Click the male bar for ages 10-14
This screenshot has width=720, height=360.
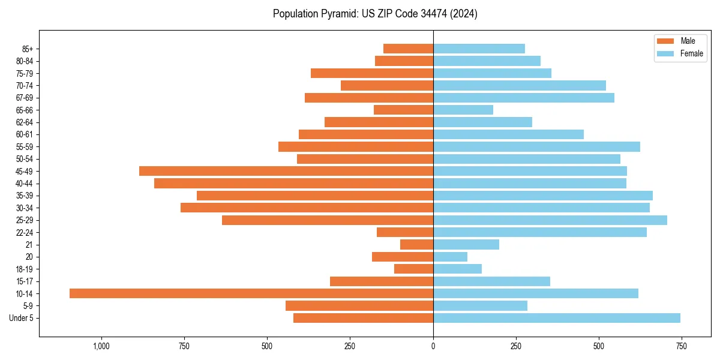coord(251,293)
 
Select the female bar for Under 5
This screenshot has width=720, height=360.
coord(557,318)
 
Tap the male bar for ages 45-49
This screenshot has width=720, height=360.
coord(286,171)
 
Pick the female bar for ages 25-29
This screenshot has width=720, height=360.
coord(550,220)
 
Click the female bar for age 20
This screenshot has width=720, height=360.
coord(450,257)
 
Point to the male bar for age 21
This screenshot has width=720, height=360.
coord(416,245)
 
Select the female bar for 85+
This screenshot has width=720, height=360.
coord(479,49)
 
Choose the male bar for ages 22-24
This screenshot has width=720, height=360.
coord(405,232)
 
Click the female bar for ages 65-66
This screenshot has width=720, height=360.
coord(463,110)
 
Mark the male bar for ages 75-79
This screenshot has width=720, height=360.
coord(372,73)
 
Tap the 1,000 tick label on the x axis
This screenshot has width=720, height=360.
coord(101,346)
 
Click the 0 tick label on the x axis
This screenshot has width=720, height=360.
coord(433,346)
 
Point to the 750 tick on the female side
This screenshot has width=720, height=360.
coord(681,346)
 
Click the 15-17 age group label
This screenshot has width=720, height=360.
coord(25,281)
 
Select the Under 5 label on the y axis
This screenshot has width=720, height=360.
coord(21,318)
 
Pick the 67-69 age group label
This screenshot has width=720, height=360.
coord(25,98)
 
